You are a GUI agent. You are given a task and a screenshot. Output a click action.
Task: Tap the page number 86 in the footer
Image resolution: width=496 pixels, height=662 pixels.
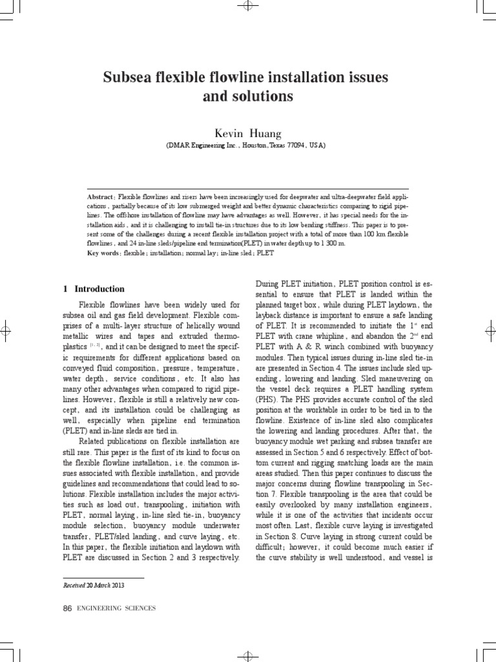click(x=67, y=608)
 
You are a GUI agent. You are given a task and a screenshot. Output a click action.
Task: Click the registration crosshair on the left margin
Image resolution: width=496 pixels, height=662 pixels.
click(x=5, y=330)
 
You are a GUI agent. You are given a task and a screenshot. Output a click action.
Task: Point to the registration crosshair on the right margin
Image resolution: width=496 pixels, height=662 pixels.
click(x=491, y=330)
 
